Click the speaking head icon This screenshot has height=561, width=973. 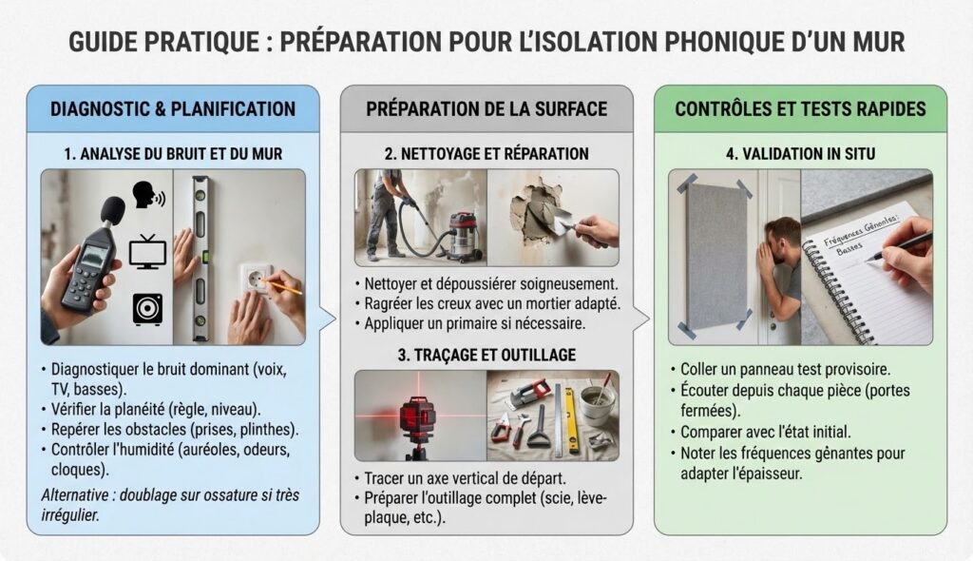pos(148,195)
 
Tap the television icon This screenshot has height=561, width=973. pos(147,252)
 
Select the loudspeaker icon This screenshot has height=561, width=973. pos(147,309)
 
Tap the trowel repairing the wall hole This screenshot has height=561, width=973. pos(561,221)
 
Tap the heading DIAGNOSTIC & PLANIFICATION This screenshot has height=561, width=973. pos(173,109)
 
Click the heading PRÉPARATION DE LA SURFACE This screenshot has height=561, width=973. pos(486,109)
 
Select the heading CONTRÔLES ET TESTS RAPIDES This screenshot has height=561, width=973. pos(800,109)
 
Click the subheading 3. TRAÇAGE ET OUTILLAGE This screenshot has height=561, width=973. pos(486,356)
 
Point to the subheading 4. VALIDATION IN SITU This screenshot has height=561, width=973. pos(800,153)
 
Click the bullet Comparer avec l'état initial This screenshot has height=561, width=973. pos(766,432)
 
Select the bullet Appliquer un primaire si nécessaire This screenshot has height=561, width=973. pos(475,323)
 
